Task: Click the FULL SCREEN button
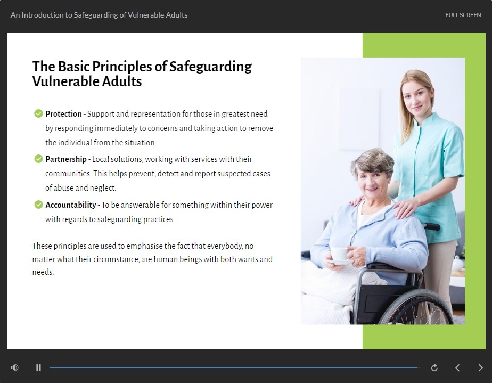point(463,15)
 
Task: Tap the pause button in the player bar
point(38,367)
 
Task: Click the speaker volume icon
point(14,367)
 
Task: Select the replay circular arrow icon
point(434,367)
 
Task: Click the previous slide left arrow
point(457,367)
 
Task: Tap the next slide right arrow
point(480,367)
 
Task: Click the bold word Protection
point(63,113)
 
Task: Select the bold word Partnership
point(66,159)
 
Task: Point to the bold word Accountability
point(71,205)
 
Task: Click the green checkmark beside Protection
point(38,113)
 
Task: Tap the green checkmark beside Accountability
point(38,205)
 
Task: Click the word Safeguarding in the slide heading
point(210,67)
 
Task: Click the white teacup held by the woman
point(340,255)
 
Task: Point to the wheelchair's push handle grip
point(433,226)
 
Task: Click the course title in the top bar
point(99,15)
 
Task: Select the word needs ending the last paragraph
point(43,272)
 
